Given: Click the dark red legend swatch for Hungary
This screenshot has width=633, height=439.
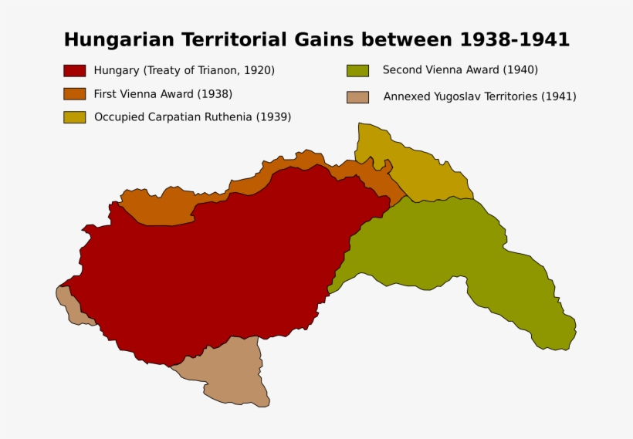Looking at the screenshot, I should coord(74,70).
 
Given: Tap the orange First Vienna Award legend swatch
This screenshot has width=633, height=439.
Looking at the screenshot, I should coord(74,94).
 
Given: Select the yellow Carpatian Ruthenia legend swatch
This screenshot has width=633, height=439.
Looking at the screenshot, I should coord(74,117).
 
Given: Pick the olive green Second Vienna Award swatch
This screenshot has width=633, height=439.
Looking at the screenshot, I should coord(357,70).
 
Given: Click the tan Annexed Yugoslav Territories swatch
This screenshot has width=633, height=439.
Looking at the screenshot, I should coord(357,97).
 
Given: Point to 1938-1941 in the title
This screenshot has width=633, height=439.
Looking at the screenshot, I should coord(515,40).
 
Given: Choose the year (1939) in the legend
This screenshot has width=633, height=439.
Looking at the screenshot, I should coord(273,117).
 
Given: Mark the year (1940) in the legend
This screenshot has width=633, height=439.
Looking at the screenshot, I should coord(520,70).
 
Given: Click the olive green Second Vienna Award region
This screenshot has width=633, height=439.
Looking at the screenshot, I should coord(463,247).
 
